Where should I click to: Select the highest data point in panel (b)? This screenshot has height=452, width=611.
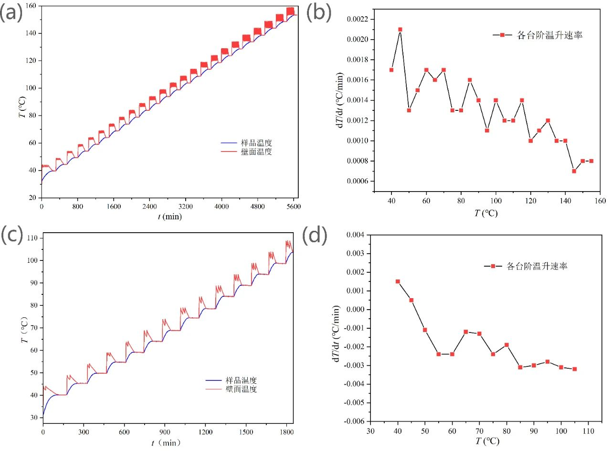(x=400, y=29)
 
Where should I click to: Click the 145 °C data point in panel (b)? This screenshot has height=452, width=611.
(x=574, y=171)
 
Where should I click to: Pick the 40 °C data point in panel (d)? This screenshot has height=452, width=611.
(x=398, y=281)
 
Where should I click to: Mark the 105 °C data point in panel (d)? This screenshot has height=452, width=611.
(x=574, y=369)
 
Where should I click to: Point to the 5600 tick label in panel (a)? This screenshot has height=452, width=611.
(x=293, y=207)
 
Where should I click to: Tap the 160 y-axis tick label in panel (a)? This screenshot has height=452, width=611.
(x=32, y=6)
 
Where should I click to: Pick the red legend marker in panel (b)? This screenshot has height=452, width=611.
(x=502, y=35)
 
